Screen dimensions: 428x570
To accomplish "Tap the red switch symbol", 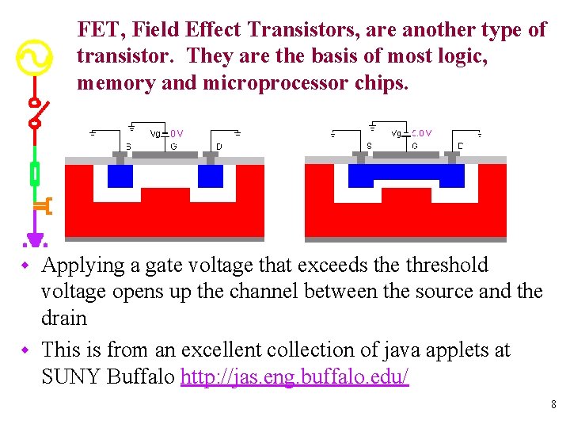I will point(35,113).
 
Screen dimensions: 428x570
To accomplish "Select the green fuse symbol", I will point(34,172).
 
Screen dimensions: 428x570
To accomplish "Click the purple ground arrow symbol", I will point(34,238).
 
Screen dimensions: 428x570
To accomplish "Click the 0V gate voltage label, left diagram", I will point(177,134).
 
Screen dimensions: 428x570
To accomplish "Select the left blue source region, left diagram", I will point(120,175).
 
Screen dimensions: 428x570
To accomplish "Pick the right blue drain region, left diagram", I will point(211,175).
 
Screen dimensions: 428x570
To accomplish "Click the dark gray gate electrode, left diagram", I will point(165,155).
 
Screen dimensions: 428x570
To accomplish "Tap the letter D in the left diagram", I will point(219,146).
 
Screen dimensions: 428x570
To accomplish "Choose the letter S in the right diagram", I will point(369,146).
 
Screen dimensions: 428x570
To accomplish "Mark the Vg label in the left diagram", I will point(155,134).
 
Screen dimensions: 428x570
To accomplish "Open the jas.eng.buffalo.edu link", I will point(294,376).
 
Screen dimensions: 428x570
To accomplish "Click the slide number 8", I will point(553,405).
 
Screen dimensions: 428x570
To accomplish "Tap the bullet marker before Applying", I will point(25,264).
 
